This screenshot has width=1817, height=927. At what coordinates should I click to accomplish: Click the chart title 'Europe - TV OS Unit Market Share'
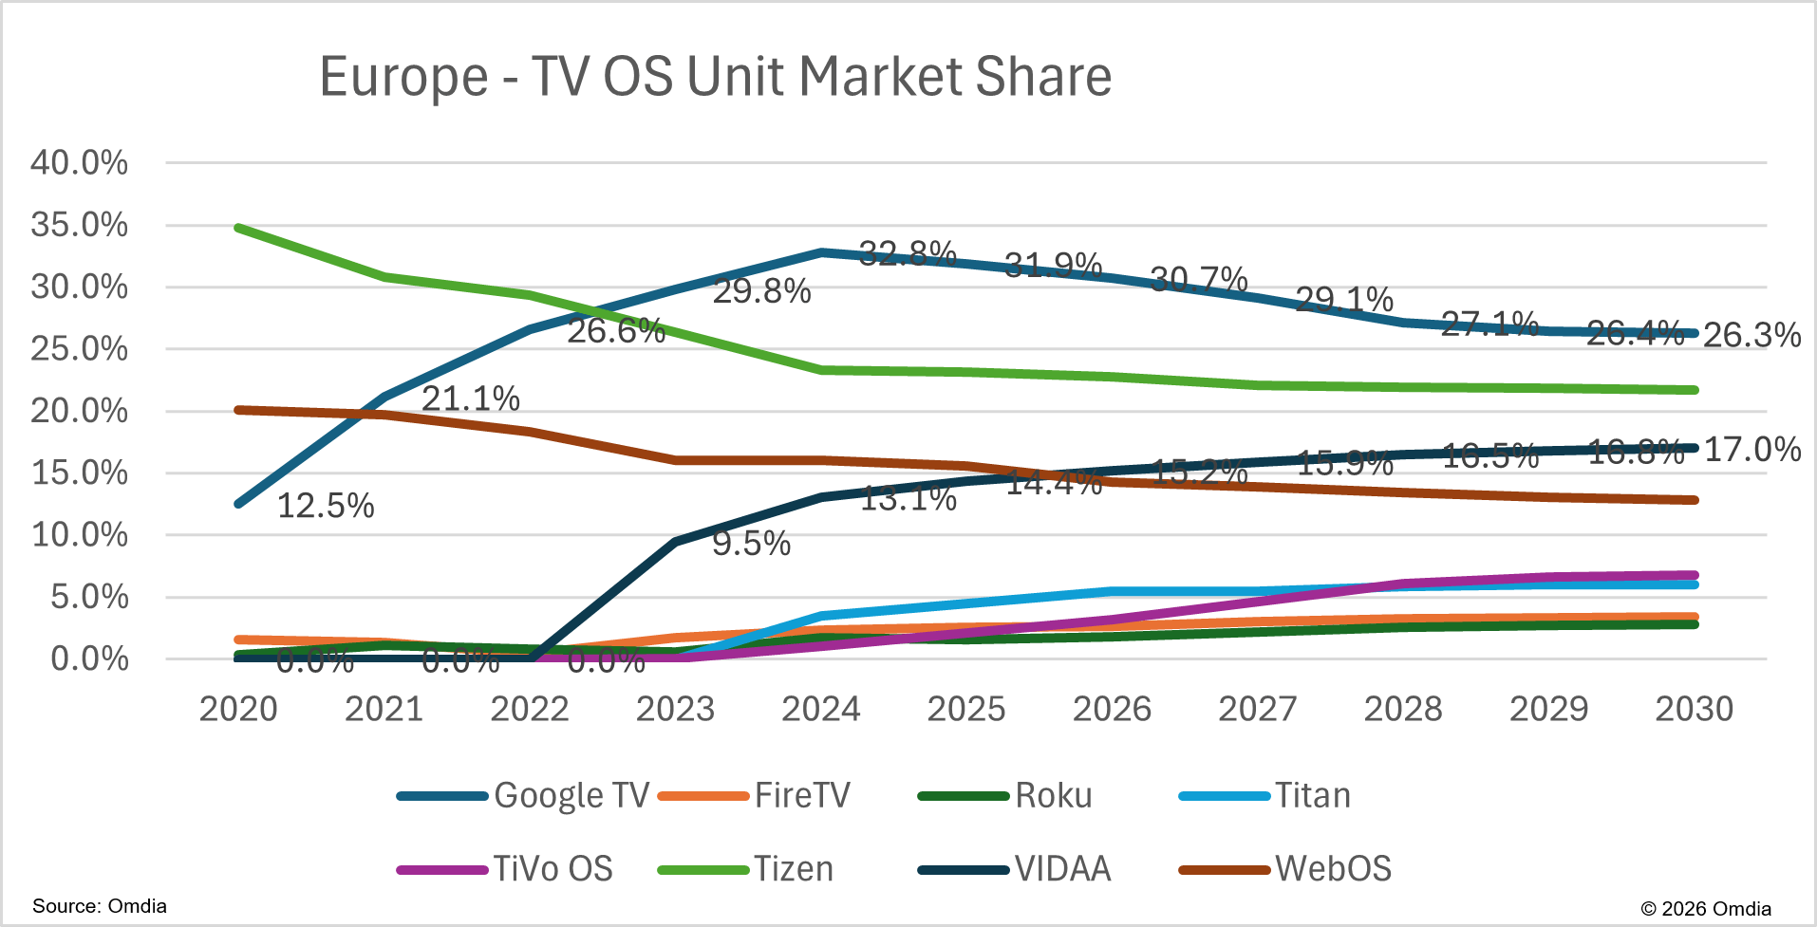coord(715,77)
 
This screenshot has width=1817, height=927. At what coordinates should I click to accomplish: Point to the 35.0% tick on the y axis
coord(80,225)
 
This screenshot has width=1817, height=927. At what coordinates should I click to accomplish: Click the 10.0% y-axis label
coord(80,534)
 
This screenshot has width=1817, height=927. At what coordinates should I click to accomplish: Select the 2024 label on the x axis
coord(820,709)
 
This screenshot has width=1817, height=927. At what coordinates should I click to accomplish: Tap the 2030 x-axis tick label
coord(1694,709)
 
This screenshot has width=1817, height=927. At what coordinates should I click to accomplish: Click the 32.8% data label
coord(907,252)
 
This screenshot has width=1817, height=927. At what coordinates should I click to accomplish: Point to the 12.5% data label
coord(326,506)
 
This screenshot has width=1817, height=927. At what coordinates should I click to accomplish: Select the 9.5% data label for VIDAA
coord(751,544)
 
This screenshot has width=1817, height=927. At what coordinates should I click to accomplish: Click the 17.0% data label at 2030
coord(1751,449)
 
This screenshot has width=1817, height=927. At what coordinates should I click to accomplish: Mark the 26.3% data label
coord(1751,335)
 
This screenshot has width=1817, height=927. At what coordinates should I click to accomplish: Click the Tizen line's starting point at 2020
coord(238,228)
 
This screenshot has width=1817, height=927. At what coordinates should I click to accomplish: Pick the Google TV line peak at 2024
coord(821,252)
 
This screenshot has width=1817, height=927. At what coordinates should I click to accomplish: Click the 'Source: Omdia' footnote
coord(100,906)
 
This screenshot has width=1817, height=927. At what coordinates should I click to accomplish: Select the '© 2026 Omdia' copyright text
coord(1705,908)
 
